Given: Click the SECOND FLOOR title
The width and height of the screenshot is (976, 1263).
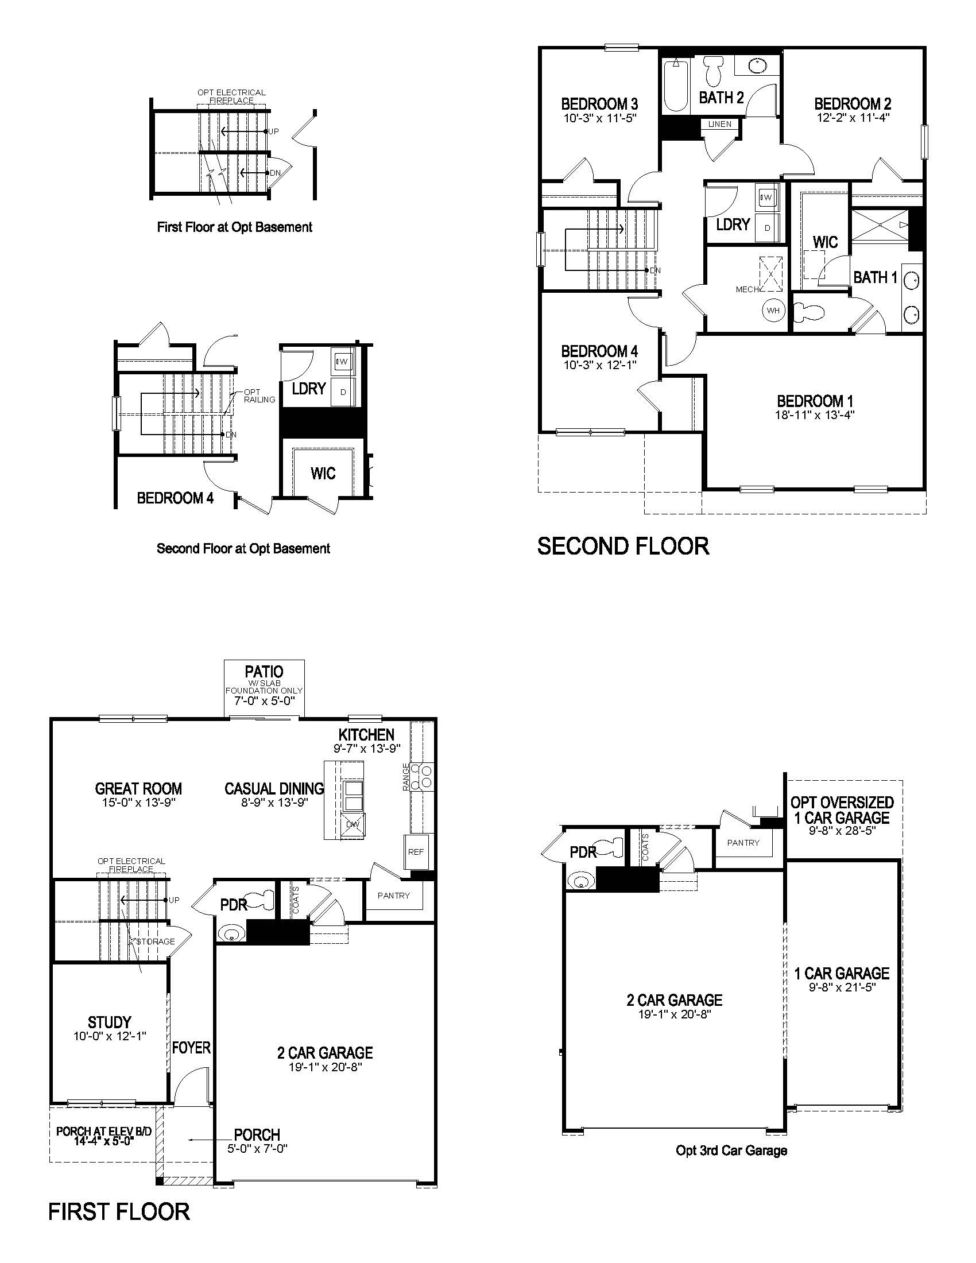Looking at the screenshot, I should pos(623,547).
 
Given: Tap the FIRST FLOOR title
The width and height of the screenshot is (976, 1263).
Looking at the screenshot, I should pos(119,1211).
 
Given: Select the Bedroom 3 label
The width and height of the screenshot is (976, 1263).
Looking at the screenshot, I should pos(599,104).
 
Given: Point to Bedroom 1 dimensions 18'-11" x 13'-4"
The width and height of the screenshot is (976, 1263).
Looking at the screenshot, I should pos(815,414).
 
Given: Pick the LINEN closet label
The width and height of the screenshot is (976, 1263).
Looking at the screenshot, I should pos(719,125).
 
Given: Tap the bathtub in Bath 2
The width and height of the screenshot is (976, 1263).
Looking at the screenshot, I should pos(675,87).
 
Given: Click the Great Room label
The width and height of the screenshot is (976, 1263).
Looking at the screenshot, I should pos(138,789).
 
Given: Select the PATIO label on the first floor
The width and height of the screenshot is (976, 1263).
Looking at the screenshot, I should pos(264,672).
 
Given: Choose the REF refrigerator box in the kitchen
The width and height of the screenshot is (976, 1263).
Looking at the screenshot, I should pos(415,852).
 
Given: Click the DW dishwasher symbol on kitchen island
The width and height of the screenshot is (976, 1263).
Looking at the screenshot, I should pos(352,824).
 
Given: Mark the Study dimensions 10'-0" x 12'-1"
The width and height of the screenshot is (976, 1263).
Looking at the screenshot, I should pos(109,1036).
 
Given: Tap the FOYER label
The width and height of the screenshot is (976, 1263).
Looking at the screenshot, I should pos(191,1048).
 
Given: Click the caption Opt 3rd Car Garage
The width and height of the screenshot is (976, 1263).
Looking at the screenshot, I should pos(731,1151).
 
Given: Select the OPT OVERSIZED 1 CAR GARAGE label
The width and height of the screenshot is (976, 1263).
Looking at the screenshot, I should pos(842,810).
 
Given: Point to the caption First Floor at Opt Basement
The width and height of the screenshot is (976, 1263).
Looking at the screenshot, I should pos(234,227).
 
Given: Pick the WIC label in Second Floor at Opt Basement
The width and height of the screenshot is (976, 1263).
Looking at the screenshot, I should pos(323,474).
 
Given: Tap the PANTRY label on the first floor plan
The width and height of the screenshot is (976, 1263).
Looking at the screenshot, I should pos(393,896).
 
